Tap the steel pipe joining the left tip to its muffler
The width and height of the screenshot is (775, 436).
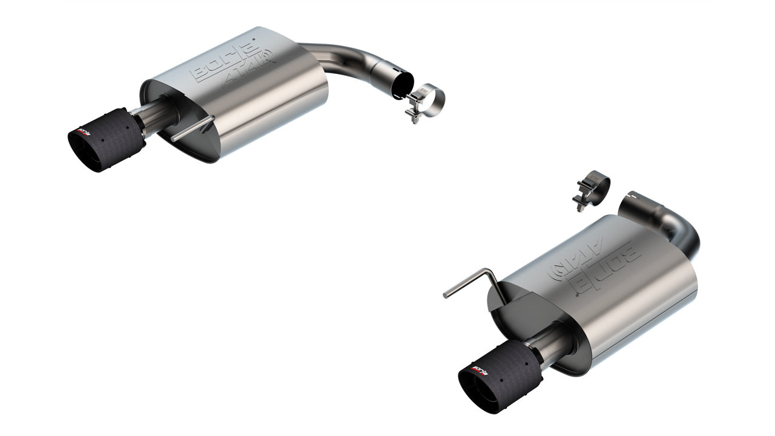[x=159, y=118]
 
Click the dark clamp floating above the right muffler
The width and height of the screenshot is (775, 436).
[x=593, y=185]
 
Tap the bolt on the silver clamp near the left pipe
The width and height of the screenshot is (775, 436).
[x=415, y=114]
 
